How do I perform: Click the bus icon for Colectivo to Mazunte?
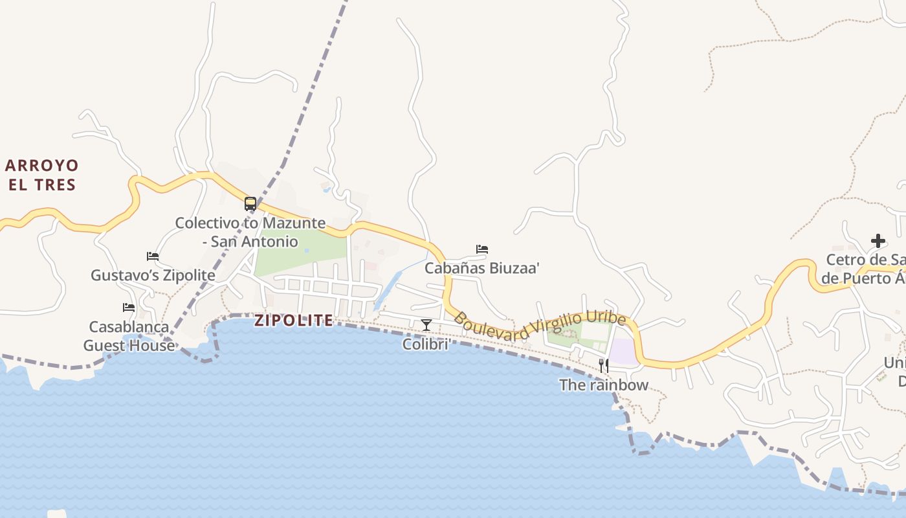coord(250,204)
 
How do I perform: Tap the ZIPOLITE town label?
coord(294,321)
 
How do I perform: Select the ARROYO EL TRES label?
coord(41,175)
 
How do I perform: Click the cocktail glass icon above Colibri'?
coord(426,324)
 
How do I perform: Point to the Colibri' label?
coord(426,344)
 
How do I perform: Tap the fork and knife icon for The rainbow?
coord(604,366)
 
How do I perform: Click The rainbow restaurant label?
coord(604,385)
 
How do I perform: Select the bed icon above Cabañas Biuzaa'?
coord(482,249)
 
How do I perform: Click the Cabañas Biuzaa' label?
coord(482,268)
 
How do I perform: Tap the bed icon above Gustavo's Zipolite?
coord(153,256)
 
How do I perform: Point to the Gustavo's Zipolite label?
coord(153,275)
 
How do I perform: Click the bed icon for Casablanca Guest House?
coord(129,308)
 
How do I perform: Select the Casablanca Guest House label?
coord(129,336)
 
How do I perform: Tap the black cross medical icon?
coord(878,241)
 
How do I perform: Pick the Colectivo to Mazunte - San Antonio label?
coord(250,232)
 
